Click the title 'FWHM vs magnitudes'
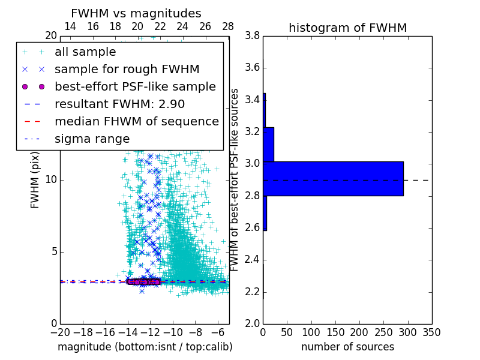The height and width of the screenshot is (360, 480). [x=136, y=13]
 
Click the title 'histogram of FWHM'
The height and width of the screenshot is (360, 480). [x=347, y=28]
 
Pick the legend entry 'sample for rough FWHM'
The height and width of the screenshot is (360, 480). [x=127, y=69]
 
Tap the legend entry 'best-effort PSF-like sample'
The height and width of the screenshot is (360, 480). [x=135, y=86]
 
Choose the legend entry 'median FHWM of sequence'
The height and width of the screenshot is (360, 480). [x=136, y=121]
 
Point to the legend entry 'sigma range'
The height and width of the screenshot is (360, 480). [x=92, y=139]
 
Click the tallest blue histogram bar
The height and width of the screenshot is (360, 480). [x=333, y=179]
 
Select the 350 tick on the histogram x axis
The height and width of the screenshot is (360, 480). [x=431, y=332]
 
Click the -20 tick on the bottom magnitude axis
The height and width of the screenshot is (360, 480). [x=60, y=332]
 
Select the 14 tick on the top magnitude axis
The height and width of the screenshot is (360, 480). [x=70, y=27]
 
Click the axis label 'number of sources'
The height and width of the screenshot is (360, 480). [x=347, y=347]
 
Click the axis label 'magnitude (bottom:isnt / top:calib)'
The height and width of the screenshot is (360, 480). [x=145, y=347]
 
